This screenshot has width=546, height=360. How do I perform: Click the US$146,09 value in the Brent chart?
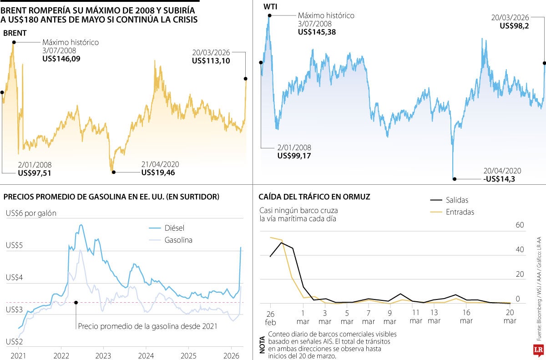coord(61,59)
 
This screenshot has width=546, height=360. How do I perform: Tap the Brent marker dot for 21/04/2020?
coord(113,172)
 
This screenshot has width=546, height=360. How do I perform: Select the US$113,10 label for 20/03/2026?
coord(211,61)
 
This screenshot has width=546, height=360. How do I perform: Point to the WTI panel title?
coord(270,6)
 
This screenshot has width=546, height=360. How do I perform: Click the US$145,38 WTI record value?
coord(317,32)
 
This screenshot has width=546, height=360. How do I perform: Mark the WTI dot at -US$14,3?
coord(454,179)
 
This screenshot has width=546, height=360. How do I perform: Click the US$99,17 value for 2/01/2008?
coord(294,156)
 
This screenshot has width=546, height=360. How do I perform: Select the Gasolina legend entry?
coord(178,240)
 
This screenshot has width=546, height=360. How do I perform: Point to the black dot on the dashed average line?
coord(76,302)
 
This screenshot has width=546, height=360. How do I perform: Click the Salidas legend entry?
coord(457,200)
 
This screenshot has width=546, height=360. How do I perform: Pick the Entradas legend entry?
coord(460,212)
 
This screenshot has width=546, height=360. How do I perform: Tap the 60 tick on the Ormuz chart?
coord(520,225)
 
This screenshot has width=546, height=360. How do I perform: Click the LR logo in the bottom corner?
coord(539,350)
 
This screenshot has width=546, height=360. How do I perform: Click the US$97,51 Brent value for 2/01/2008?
coord(35,173)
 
